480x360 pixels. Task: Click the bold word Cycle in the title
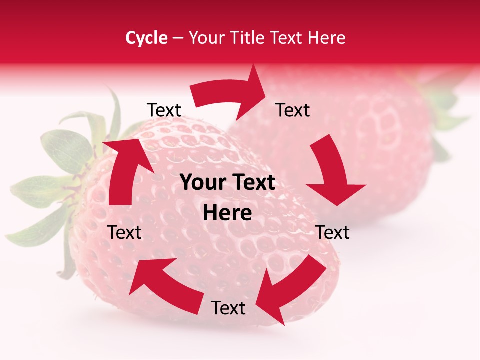tap(146, 38)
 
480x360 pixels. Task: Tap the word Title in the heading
tap(248, 38)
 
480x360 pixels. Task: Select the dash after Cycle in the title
tap(178, 38)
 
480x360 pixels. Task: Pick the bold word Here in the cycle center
tap(227, 213)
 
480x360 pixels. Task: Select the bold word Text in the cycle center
tap(253, 183)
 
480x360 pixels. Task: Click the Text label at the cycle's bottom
tap(228, 308)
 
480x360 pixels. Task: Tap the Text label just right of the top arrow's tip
tap(293, 110)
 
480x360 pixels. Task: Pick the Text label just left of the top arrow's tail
tap(164, 110)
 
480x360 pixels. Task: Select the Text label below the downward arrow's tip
tap(333, 232)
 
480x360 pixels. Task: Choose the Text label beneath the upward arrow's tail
tap(125, 232)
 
